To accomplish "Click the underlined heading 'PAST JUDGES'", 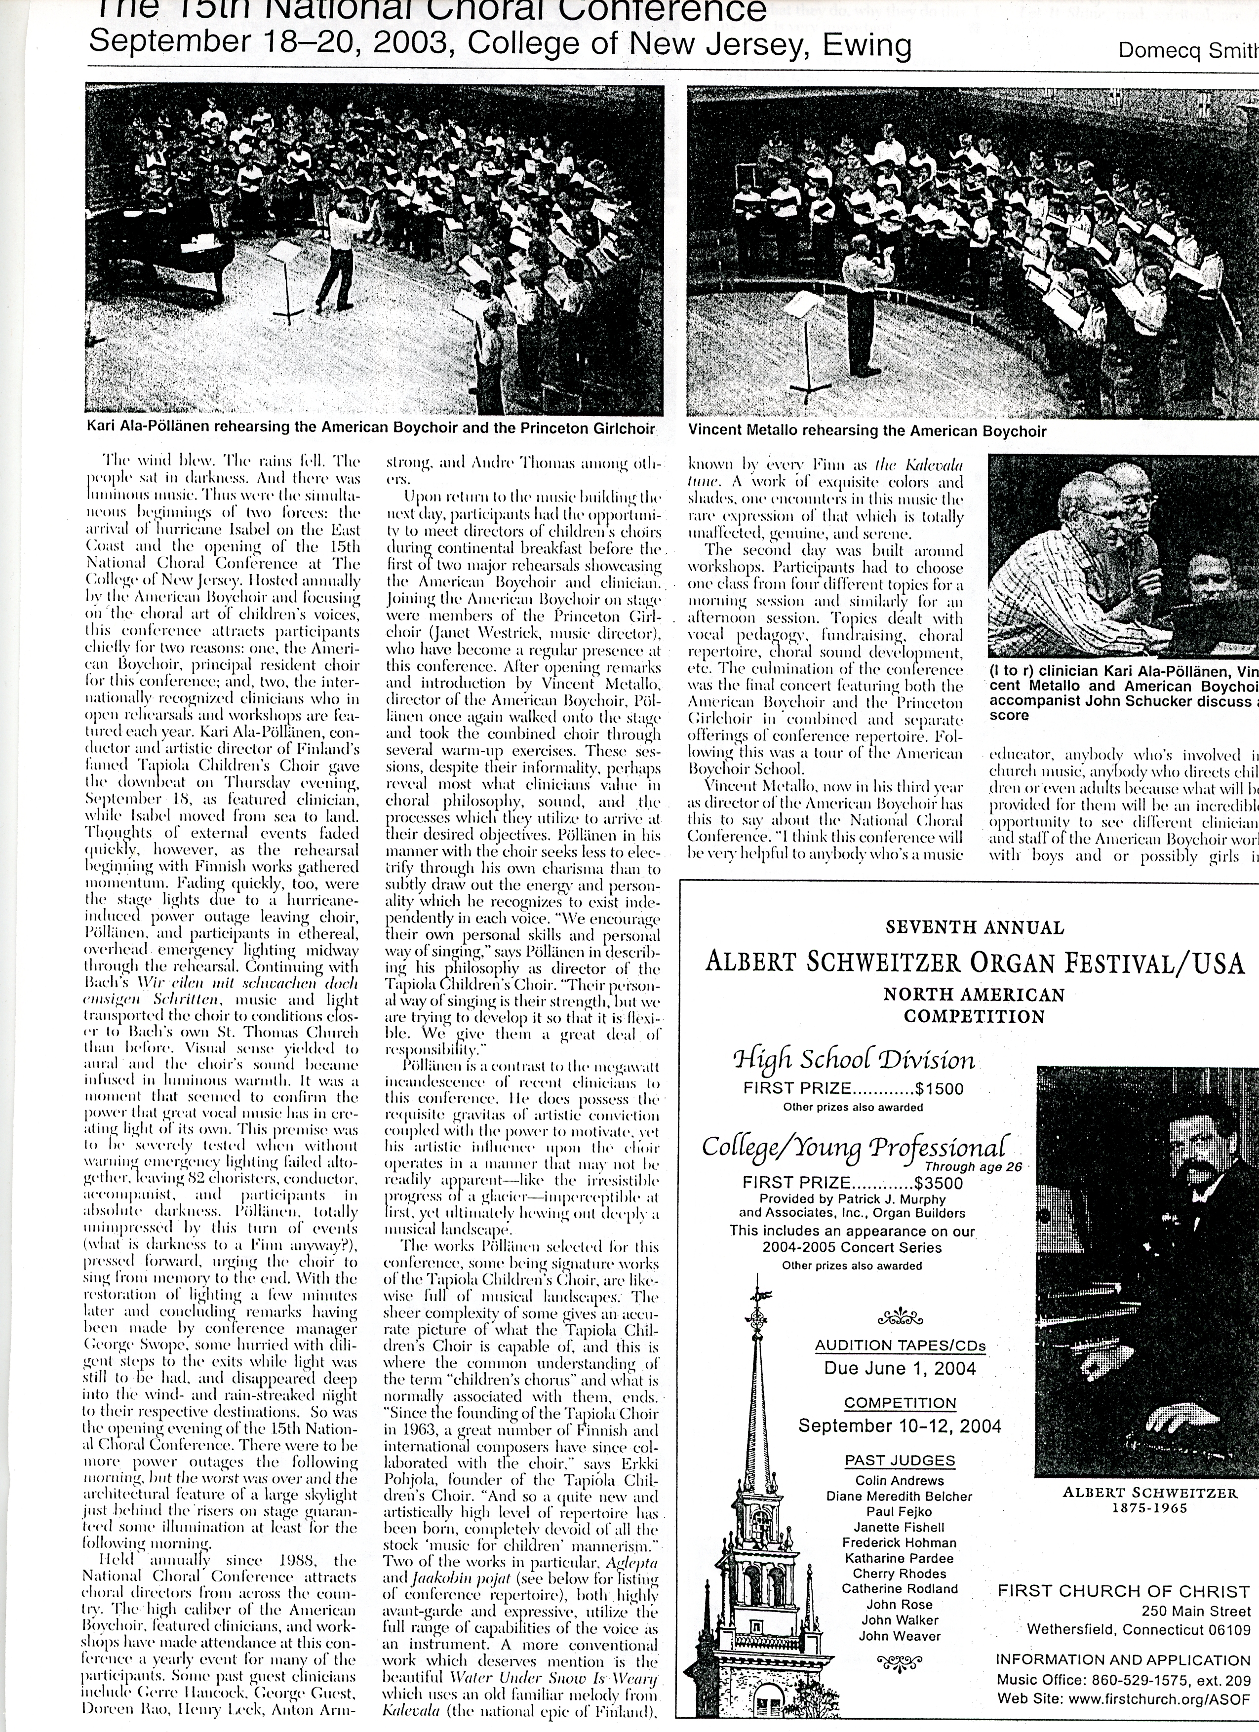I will (x=899, y=1460).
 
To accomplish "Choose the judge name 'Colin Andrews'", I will (x=899, y=1479).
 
